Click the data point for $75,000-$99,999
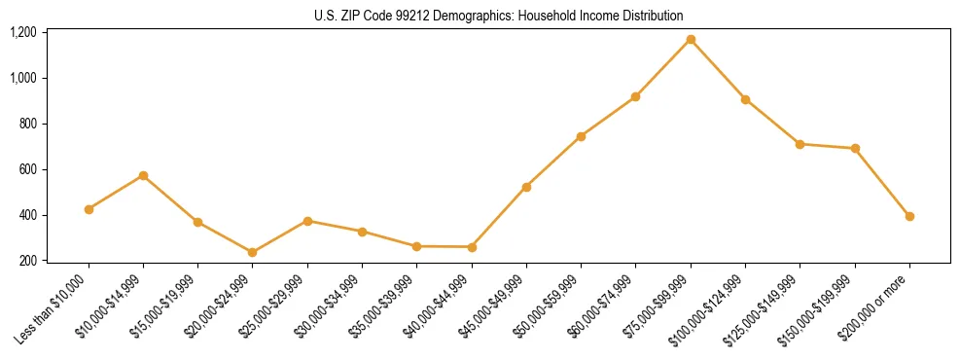click(x=691, y=40)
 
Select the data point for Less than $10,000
click(x=89, y=209)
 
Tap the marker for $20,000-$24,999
click(x=253, y=253)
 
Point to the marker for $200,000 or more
click(x=909, y=216)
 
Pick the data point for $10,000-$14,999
click(x=143, y=175)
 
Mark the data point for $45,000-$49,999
click(x=526, y=187)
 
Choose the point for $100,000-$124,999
click(x=745, y=99)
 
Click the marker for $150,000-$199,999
click(x=855, y=149)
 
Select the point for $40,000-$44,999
click(x=472, y=247)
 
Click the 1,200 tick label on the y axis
click(x=23, y=32)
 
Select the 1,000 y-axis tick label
click(x=23, y=78)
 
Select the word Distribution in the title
click(x=652, y=16)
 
